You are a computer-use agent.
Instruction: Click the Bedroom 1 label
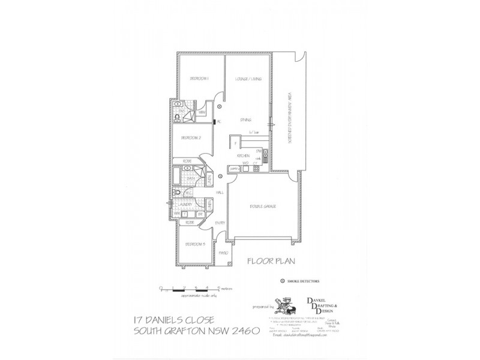(199, 79)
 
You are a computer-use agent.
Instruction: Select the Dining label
(245, 119)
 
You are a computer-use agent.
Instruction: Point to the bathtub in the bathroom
(175, 178)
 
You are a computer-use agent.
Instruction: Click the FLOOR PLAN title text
(269, 262)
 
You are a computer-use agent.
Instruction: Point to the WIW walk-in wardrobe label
(202, 112)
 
